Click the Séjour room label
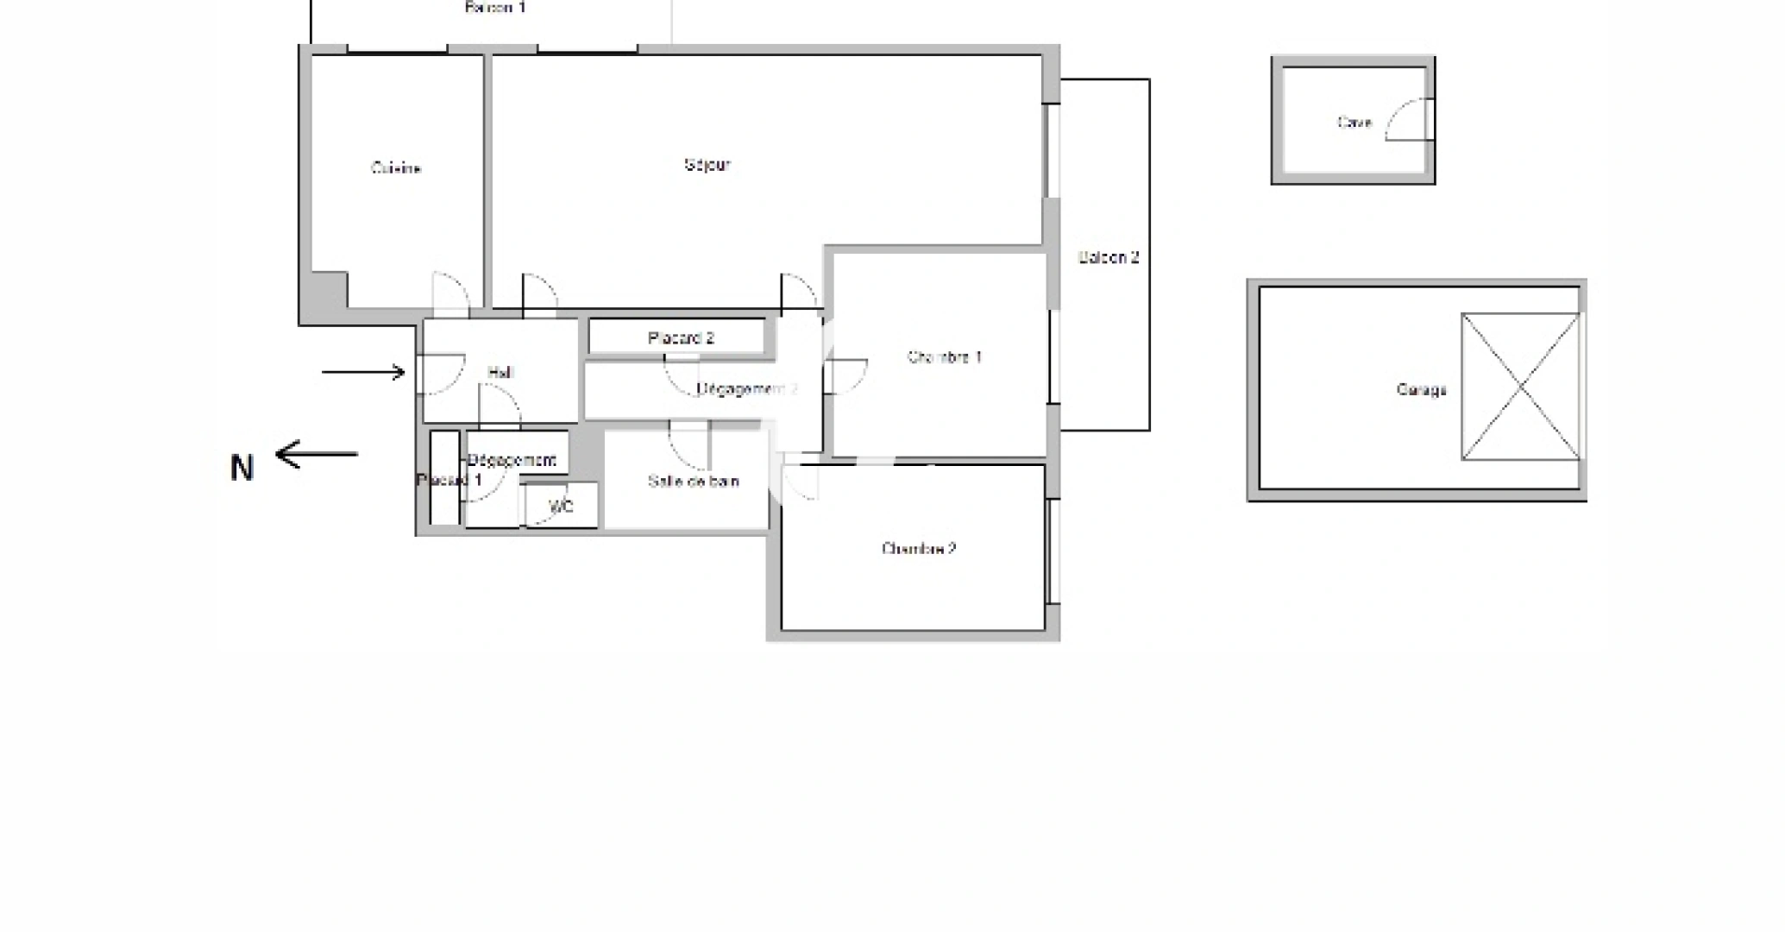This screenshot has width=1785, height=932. click(707, 165)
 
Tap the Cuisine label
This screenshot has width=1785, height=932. click(396, 168)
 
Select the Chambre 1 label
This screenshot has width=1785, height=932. click(944, 357)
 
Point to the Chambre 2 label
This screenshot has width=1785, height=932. click(919, 549)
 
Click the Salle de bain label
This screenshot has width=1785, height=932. click(693, 482)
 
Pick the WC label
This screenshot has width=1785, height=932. click(561, 507)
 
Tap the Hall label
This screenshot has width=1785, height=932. click(500, 373)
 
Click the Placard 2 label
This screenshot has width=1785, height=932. click(681, 338)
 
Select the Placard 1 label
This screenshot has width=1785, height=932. click(449, 480)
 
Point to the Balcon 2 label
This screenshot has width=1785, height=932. click(1109, 257)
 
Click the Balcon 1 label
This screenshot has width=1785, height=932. click(495, 8)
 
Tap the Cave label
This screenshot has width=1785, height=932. click(1354, 123)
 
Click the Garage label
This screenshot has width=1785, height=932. click(1421, 390)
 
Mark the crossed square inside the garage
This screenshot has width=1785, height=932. click(1520, 387)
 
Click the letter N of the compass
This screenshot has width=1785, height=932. click(242, 469)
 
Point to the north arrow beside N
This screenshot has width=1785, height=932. click(316, 454)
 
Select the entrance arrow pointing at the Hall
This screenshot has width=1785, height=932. click(363, 373)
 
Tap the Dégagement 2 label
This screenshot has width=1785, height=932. click(747, 389)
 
